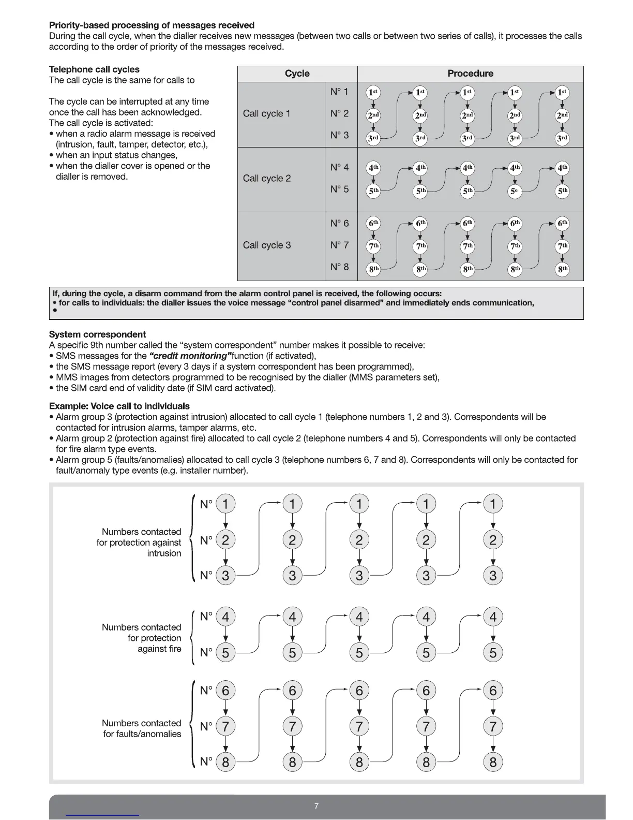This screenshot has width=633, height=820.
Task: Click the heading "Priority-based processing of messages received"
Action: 152,25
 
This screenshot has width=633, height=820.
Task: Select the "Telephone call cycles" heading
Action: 94,69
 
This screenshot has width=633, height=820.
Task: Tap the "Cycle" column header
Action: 297,74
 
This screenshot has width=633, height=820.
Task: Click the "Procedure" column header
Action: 470,74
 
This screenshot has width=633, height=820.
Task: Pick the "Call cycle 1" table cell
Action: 267,113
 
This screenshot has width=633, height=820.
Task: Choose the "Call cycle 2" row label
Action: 267,179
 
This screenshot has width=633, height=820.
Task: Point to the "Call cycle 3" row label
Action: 267,245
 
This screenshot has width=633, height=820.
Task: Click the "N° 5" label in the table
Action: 339,189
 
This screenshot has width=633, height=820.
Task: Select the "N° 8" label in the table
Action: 339,267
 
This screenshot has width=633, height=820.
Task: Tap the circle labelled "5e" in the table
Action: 514,191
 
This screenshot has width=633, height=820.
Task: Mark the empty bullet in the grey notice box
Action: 54,311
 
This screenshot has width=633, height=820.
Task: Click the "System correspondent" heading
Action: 97,334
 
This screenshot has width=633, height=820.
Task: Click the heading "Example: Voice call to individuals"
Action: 119,406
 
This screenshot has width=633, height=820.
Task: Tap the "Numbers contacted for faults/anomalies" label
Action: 142,728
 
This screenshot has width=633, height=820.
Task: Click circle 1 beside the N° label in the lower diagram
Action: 225,504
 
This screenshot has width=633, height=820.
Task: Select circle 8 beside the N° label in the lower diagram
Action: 225,762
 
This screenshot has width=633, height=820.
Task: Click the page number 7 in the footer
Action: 317,806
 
